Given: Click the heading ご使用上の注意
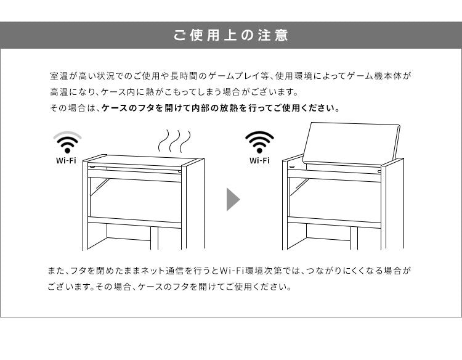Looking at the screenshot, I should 230,35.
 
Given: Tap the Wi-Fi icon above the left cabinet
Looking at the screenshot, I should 67,142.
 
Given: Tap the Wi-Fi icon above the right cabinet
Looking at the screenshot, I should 259,142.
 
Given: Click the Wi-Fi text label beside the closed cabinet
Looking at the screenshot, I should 67,161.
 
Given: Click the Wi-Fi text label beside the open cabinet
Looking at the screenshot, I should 259,161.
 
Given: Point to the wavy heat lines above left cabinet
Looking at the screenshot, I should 174,141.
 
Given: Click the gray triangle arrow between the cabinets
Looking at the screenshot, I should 233,199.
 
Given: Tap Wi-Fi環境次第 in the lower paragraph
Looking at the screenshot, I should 242,271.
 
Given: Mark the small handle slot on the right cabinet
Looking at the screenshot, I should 292,166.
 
